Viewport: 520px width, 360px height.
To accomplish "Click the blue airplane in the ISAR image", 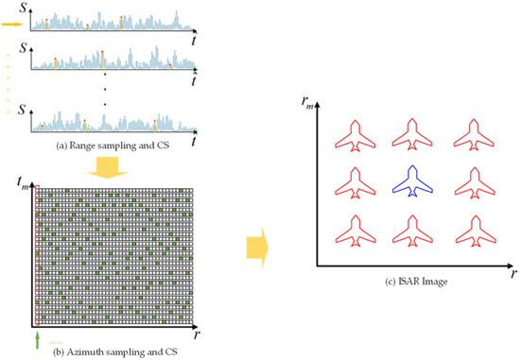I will click(412, 180).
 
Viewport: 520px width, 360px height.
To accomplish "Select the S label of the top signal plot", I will click(22, 11).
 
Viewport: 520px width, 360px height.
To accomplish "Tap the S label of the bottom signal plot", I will click(22, 108).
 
